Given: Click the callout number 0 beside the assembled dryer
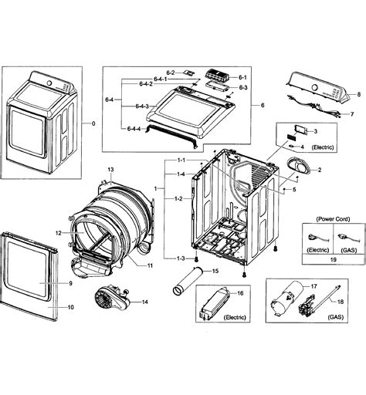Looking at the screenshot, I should (x=93, y=123).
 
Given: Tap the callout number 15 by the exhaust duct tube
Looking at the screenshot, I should (x=215, y=271).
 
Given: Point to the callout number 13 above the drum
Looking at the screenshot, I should (x=110, y=169).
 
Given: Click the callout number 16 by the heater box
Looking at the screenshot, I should (x=240, y=294).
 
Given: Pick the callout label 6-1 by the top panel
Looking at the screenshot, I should (x=242, y=77).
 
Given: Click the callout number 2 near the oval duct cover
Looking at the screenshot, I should (x=319, y=169).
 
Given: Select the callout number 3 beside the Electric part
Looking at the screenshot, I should (x=315, y=132).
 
